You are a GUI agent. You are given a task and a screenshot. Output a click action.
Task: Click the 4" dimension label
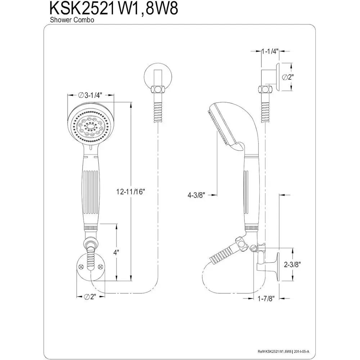pyautogui.click(x=116, y=253)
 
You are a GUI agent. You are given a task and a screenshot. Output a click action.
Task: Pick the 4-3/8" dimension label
pyautogui.click(x=196, y=195)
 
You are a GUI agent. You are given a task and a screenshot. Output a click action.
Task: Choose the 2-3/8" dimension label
pyautogui.click(x=292, y=265)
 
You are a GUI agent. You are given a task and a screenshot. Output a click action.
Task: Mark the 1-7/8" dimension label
pyautogui.click(x=266, y=298)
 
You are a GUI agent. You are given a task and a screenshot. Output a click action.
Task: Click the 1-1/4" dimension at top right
pyautogui.click(x=270, y=51)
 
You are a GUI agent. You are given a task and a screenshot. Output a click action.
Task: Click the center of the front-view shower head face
pyautogui.click(x=90, y=126)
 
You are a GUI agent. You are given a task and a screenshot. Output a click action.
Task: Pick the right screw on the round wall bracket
pyautogui.click(x=100, y=266)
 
